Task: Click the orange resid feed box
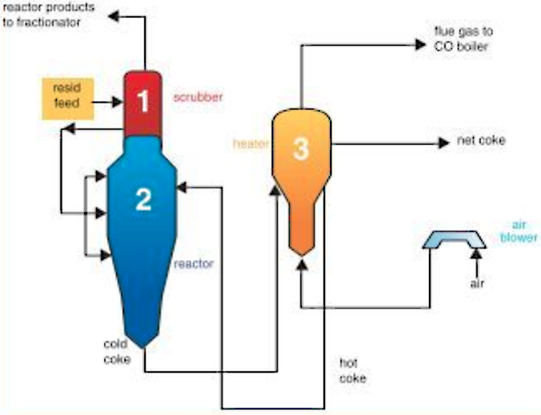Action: point(67,98)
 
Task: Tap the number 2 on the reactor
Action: point(144,199)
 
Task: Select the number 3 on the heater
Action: point(301,149)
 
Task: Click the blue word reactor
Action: point(194,264)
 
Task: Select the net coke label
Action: point(481,140)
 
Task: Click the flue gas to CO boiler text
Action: point(464,39)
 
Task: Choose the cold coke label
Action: point(117,351)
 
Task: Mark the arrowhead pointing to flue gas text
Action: point(420,45)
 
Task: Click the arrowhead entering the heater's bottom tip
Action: point(301,264)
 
